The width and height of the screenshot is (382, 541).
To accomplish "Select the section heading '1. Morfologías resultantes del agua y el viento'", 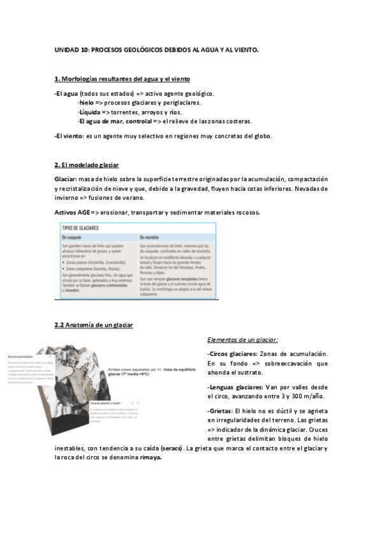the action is pos(122,78).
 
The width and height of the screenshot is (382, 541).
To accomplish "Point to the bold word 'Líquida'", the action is pos(89,111).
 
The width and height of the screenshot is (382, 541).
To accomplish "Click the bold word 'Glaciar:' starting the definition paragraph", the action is pos(66,180).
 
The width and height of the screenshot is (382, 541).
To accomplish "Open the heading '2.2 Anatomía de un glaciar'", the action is pos(94,325).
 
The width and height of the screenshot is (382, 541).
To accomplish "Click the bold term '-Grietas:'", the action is pos(220,411).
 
